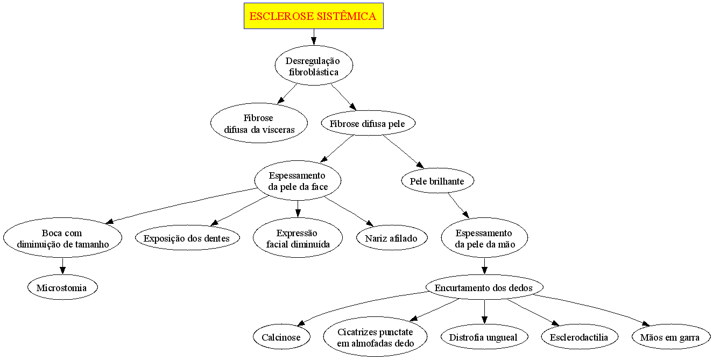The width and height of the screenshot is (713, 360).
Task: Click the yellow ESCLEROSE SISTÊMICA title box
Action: click(x=313, y=16)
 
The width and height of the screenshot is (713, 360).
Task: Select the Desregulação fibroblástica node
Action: click(x=313, y=66)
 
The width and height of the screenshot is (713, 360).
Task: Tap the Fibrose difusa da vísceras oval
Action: click(x=259, y=123)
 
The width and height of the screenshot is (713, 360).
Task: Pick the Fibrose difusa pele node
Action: click(x=370, y=123)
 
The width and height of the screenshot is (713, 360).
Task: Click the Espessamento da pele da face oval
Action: click(x=298, y=181)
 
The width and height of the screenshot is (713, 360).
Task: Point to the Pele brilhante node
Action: click(x=437, y=181)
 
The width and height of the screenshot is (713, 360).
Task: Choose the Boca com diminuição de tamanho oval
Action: click(x=63, y=238)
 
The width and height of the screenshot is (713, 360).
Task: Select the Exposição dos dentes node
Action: click(x=187, y=238)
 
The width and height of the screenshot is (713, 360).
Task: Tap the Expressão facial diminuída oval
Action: click(x=298, y=238)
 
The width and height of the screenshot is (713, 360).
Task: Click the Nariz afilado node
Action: click(x=392, y=238)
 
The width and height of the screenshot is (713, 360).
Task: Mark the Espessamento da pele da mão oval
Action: click(x=484, y=238)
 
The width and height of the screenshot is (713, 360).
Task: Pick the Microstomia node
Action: click(x=63, y=287)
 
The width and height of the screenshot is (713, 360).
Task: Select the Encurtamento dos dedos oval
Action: click(x=484, y=287)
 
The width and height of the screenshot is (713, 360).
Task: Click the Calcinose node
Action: click(x=281, y=337)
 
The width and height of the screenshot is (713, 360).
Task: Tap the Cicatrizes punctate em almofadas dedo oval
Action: click(x=376, y=337)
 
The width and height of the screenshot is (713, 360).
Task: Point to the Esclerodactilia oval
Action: click(x=579, y=337)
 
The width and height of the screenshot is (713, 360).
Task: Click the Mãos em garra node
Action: click(x=669, y=337)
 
